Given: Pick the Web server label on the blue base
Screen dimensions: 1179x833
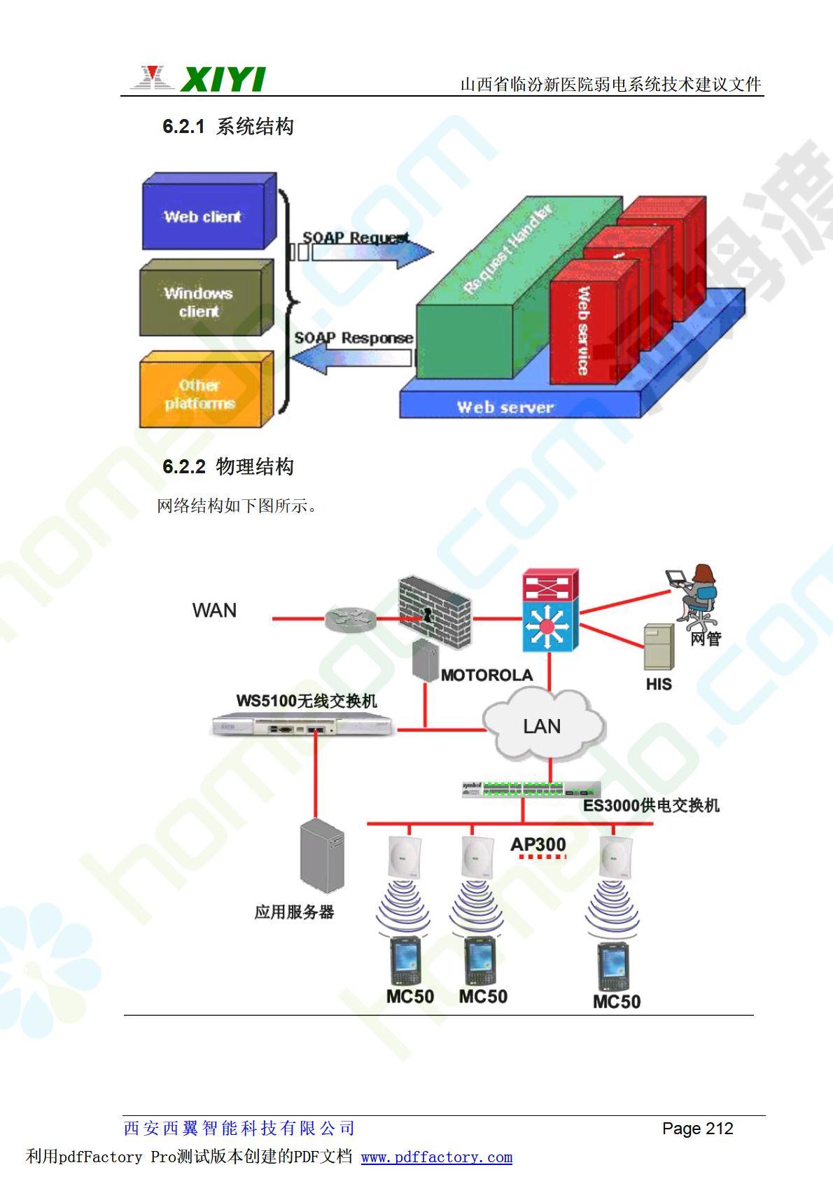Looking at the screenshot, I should (x=505, y=407).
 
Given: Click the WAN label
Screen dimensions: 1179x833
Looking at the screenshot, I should (x=214, y=611).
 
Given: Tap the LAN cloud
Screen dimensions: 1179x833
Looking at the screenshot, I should (x=542, y=726).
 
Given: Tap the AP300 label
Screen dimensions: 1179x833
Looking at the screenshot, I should (x=538, y=844).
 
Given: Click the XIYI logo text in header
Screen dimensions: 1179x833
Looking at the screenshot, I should (x=223, y=80).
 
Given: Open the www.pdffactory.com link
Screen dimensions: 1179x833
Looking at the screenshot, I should (x=437, y=1157).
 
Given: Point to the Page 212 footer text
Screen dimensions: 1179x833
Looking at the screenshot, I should (x=697, y=1128).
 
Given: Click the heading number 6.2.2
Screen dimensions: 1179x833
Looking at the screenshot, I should (x=184, y=467).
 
